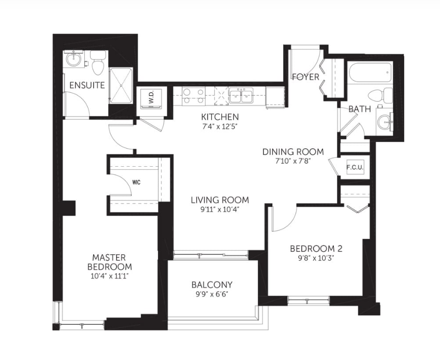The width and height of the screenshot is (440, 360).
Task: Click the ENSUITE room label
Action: (x=87, y=85)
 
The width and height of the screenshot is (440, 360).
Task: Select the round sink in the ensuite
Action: (x=74, y=59)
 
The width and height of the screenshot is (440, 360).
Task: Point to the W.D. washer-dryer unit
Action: (x=151, y=98)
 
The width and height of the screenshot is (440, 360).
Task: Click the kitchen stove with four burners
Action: (x=194, y=96)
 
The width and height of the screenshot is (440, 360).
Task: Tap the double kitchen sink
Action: (x=241, y=96)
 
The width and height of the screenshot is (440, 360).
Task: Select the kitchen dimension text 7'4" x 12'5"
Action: (x=220, y=126)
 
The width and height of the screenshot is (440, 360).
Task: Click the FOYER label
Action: (x=306, y=77)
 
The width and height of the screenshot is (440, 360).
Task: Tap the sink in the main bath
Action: (x=385, y=122)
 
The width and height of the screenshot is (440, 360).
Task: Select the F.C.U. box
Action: (x=355, y=168)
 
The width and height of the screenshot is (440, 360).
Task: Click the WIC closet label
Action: (x=136, y=182)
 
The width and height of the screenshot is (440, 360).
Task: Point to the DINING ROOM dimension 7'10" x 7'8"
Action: (x=292, y=162)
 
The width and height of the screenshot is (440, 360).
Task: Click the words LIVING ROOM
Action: (x=220, y=200)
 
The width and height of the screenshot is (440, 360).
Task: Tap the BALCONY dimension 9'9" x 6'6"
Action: (x=212, y=294)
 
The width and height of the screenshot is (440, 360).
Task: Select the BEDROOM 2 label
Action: (x=316, y=249)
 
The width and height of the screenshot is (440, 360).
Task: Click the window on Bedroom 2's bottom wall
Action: (x=309, y=301)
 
